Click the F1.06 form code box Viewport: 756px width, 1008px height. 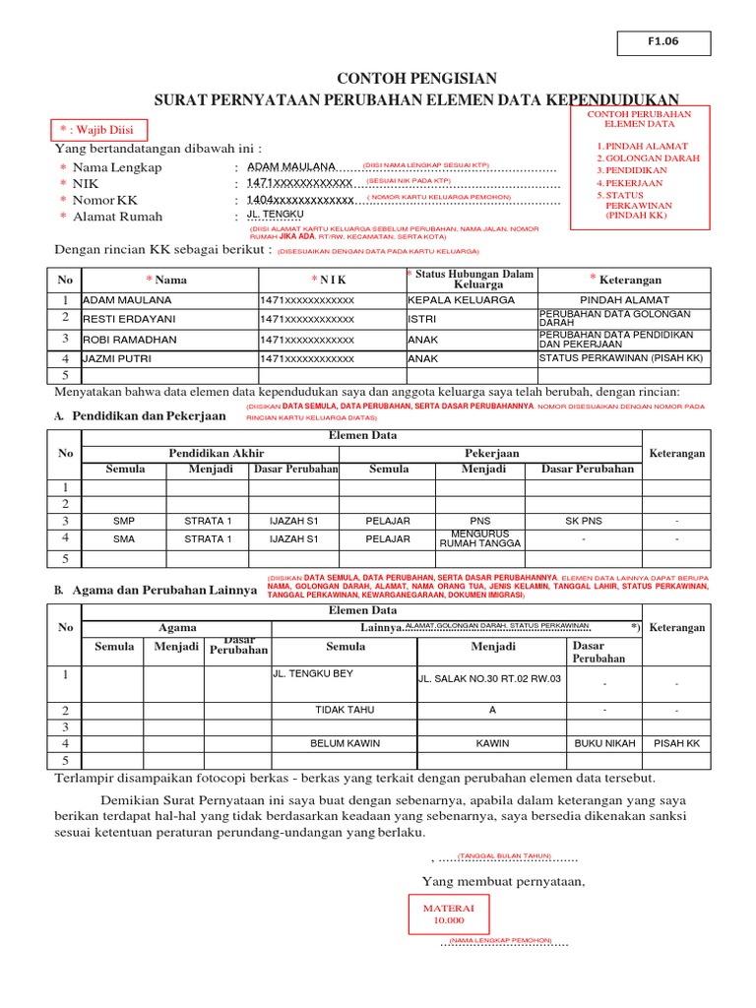point(662,42)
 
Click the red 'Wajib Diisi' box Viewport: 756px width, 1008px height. point(98,130)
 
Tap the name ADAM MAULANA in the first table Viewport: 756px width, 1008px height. point(127,299)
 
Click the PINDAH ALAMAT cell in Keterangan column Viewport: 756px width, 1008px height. point(624,299)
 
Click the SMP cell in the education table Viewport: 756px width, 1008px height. point(124,521)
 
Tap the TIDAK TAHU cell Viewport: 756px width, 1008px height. point(345,710)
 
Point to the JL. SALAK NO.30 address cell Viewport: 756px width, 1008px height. point(489,678)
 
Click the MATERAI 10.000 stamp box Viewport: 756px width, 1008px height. point(448,914)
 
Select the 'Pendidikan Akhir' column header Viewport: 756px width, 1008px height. point(211,453)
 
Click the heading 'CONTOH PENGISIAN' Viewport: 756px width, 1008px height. point(417,79)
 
